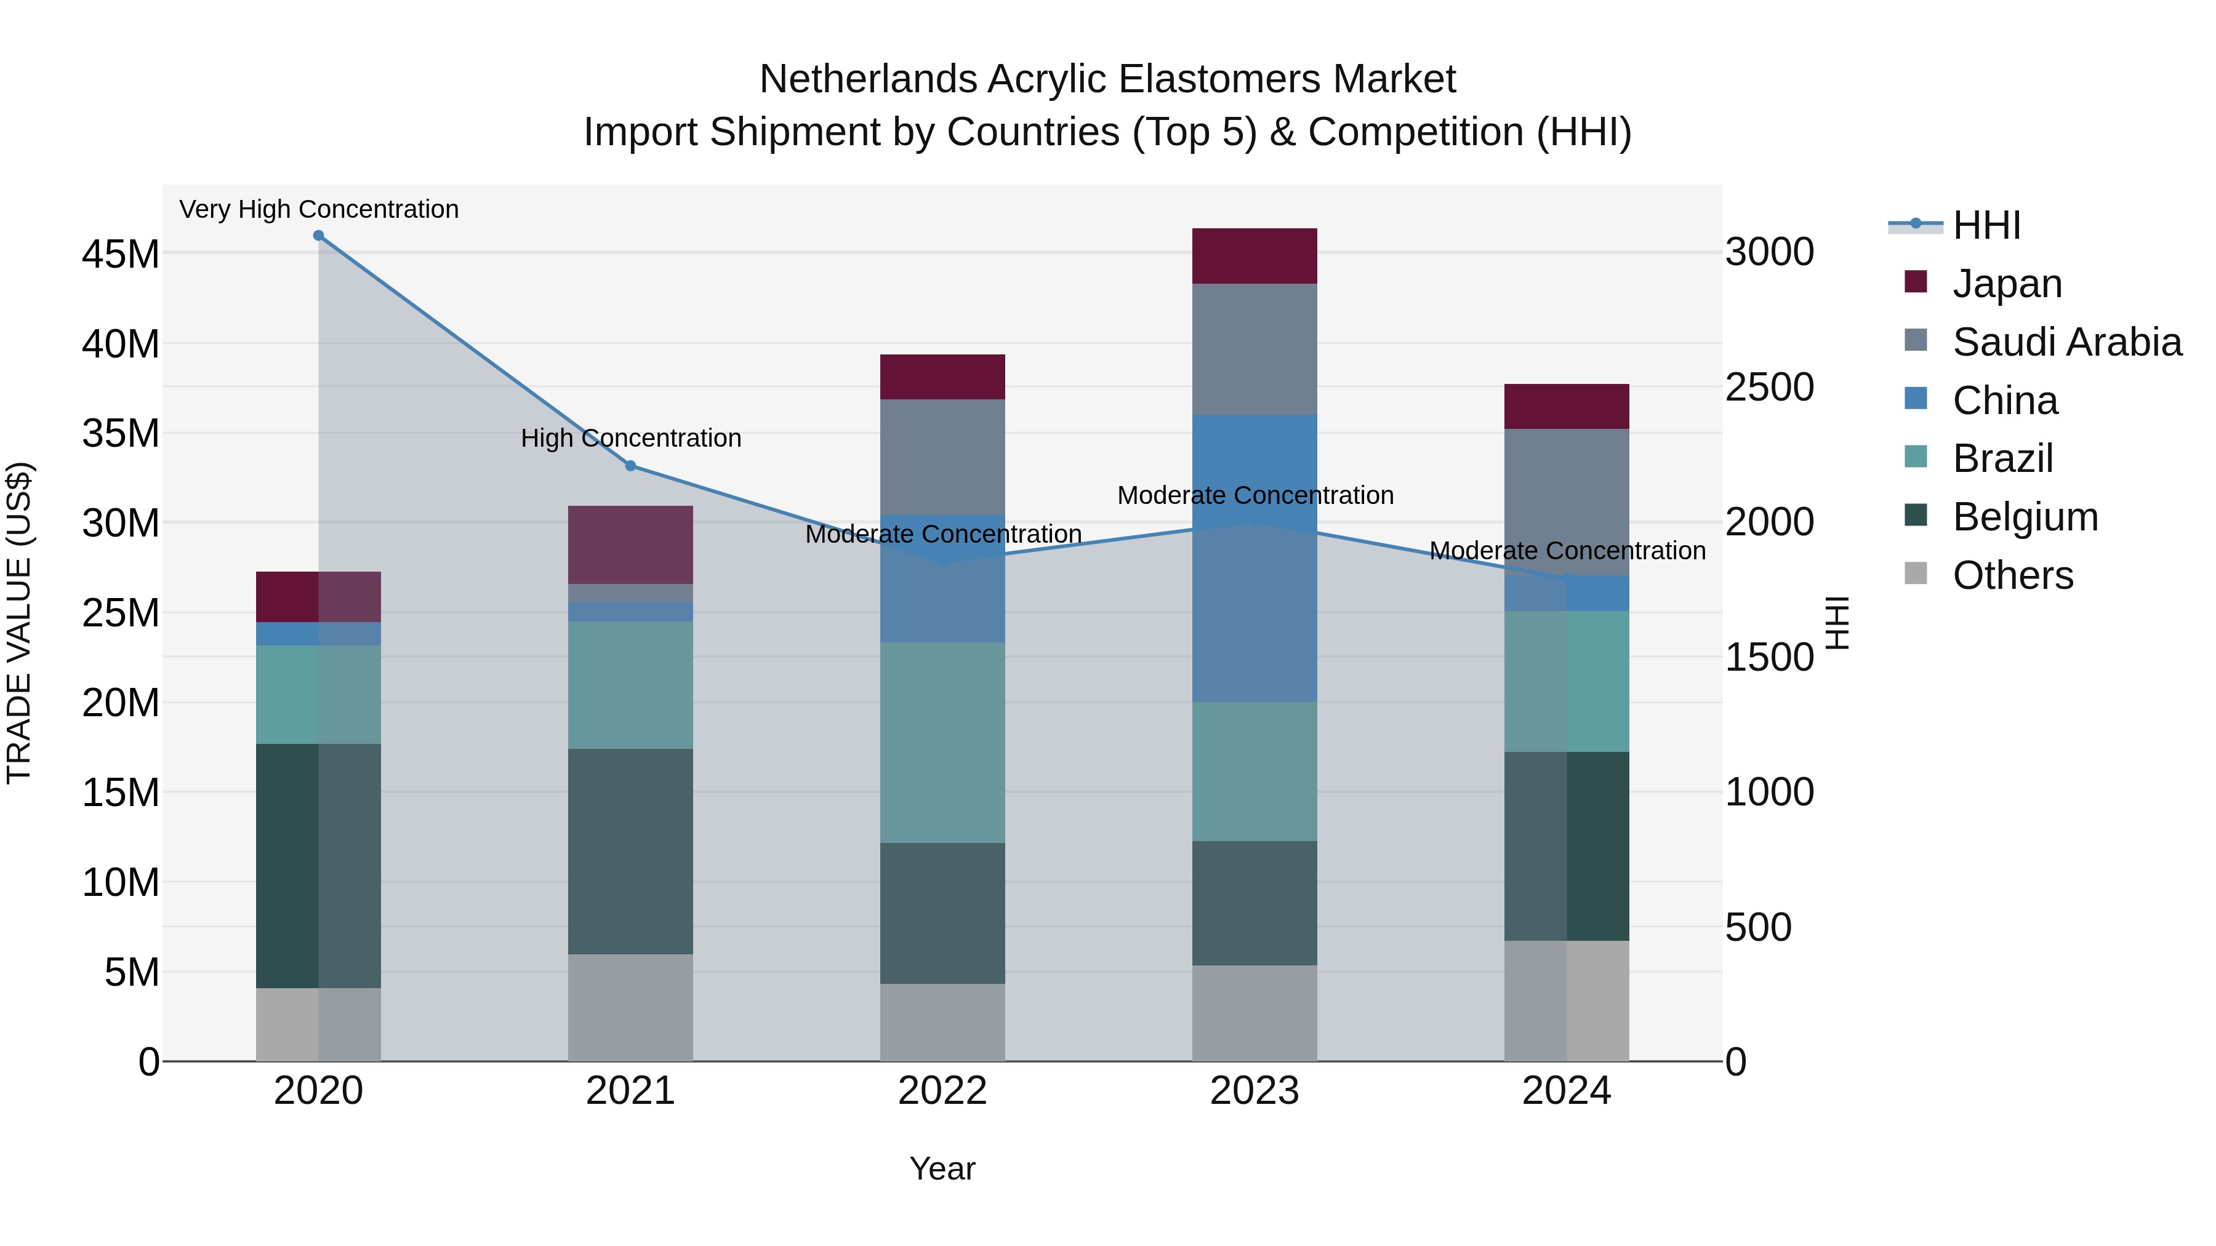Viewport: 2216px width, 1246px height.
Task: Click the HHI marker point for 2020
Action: [x=318, y=236]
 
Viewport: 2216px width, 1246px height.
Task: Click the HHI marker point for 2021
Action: [x=630, y=466]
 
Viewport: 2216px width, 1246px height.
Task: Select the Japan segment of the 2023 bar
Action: [x=1255, y=256]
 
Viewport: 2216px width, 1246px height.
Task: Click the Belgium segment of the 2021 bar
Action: [x=630, y=852]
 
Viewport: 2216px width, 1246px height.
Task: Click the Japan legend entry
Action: [x=2007, y=284]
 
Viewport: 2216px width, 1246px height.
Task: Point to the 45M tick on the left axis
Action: [x=121, y=255]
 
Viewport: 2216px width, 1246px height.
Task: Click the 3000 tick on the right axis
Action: [x=1770, y=253]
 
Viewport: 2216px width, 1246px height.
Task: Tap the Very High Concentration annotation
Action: [x=318, y=209]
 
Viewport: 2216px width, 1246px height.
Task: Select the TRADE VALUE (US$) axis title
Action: [x=19, y=623]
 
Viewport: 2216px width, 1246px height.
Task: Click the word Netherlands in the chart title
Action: [x=869, y=79]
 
